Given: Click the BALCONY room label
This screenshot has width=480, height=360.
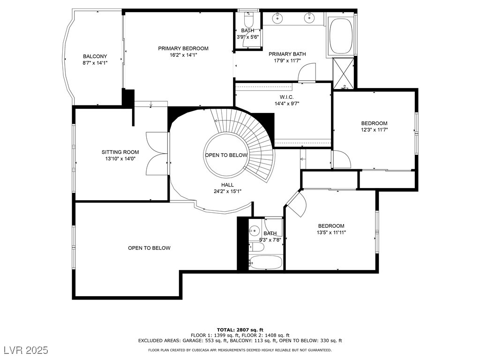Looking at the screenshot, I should (x=95, y=56).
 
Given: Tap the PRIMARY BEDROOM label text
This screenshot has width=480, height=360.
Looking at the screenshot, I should (x=183, y=48).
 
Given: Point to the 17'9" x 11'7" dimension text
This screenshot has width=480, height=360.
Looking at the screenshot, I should (x=287, y=61).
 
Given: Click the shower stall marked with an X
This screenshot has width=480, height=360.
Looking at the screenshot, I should (x=344, y=73).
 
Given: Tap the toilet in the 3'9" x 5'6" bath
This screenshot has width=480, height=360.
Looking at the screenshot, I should (x=249, y=20).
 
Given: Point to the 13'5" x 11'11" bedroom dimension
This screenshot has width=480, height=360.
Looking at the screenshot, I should (x=331, y=232).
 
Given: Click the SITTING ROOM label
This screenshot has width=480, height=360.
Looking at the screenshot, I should (x=120, y=152).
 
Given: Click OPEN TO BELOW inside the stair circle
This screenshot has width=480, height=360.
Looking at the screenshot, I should (x=226, y=155).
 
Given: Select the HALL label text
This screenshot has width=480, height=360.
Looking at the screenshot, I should (x=227, y=185).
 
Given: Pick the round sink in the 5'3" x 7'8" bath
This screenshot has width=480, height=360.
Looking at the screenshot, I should (x=254, y=231).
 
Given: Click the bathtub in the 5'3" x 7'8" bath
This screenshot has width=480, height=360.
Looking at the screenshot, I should (x=265, y=262).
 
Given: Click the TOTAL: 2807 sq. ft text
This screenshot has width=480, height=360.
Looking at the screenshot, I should (x=240, y=330).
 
